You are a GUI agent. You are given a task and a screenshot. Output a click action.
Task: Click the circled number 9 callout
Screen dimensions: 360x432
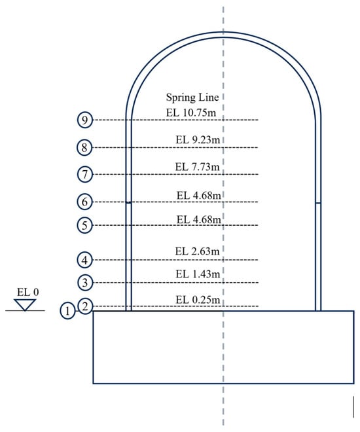(85, 120)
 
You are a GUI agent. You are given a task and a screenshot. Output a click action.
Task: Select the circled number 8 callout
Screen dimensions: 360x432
(84, 147)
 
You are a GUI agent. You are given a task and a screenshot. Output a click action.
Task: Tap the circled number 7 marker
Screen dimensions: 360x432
(85, 174)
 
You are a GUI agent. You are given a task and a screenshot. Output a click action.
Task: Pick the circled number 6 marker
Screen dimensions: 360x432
(84, 202)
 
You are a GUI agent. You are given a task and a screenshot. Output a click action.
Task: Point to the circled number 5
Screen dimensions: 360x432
(84, 225)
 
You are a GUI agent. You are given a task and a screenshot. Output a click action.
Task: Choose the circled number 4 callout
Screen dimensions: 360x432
(84, 260)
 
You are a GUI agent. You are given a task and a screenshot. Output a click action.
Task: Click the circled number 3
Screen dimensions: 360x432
(85, 283)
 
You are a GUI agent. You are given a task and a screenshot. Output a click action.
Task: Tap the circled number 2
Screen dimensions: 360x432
(85, 306)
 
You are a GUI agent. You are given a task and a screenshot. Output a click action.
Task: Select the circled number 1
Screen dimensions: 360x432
(67, 311)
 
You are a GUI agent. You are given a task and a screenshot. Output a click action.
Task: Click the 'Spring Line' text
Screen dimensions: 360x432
(192, 98)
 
